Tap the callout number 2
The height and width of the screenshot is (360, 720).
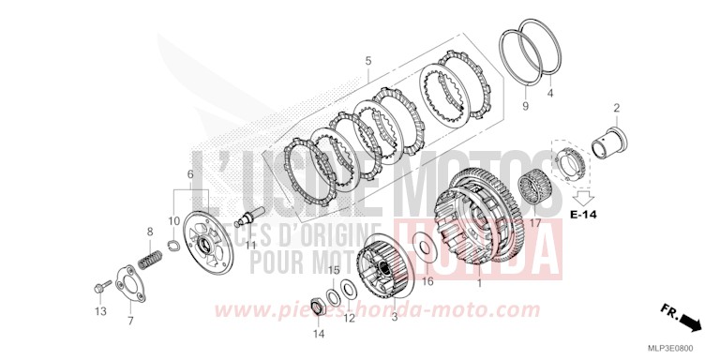616,108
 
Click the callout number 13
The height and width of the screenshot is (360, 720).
101,311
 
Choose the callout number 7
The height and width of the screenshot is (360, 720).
130,320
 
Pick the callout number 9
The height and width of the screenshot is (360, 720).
524,107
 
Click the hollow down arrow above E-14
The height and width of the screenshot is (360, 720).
585,196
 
